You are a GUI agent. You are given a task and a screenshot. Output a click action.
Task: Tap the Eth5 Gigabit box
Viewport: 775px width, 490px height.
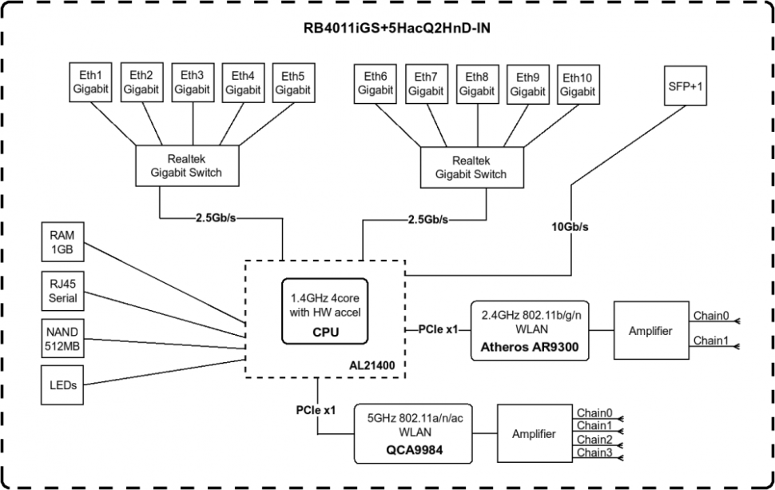tap(292, 83)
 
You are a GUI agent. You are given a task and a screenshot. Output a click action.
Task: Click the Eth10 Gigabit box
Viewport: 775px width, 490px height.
tap(578, 84)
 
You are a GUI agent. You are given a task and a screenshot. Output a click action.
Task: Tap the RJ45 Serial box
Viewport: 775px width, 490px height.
tap(62, 291)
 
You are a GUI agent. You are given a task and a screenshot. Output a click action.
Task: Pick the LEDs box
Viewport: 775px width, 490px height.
tap(62, 384)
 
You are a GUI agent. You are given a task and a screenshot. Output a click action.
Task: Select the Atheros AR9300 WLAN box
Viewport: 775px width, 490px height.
tap(530, 329)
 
